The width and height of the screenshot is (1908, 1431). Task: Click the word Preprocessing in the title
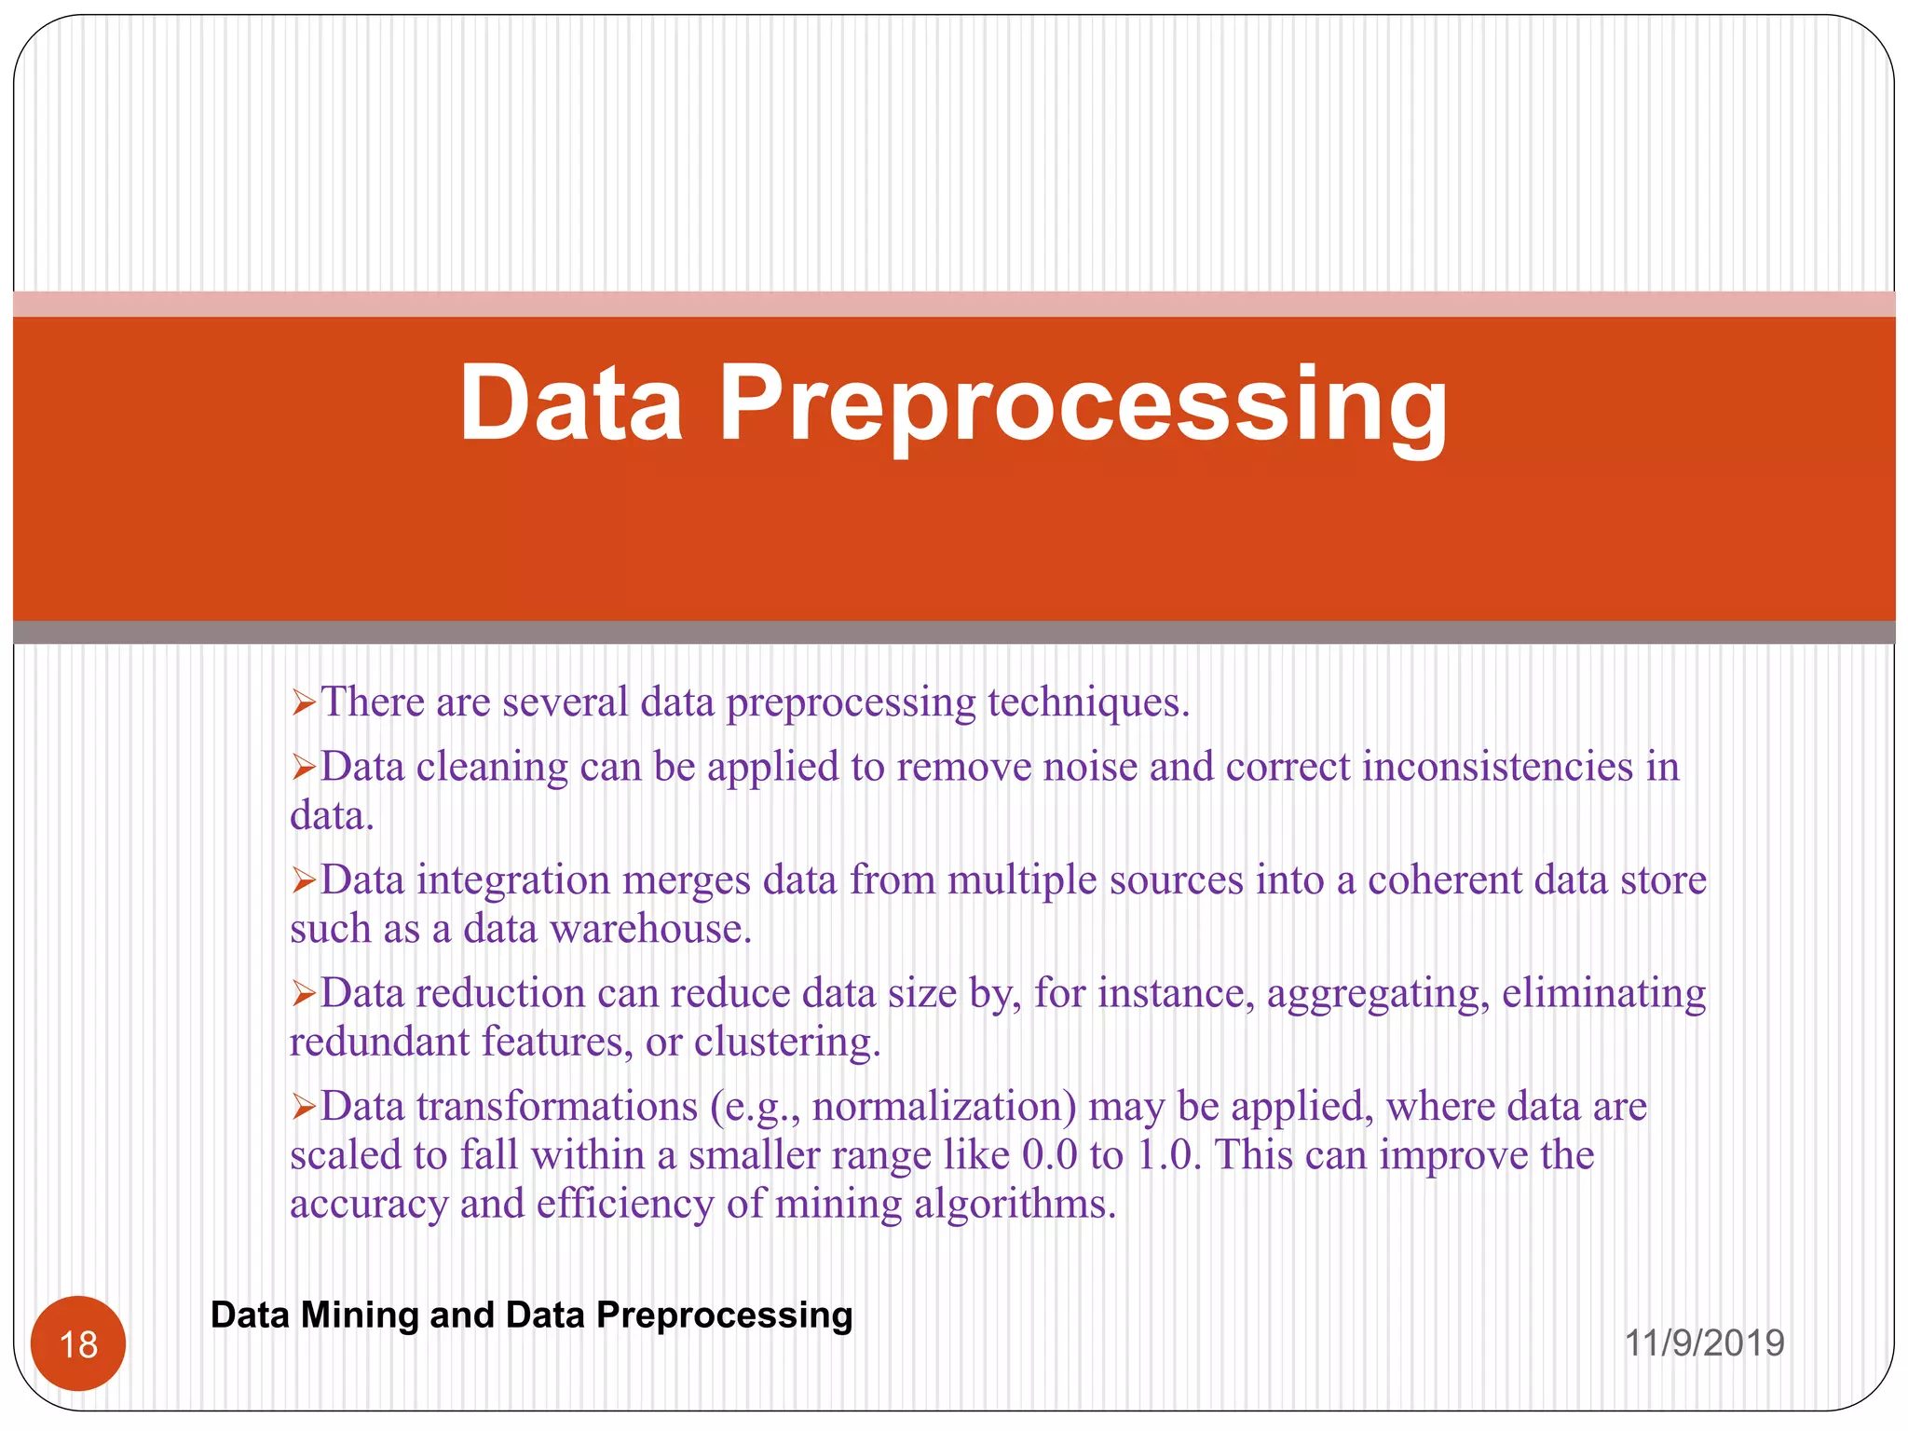[x=1083, y=405]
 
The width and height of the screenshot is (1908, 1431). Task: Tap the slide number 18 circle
[x=78, y=1343]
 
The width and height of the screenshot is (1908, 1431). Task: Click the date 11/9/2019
[x=1704, y=1342]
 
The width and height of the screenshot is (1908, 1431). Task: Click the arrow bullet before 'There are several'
[x=304, y=702]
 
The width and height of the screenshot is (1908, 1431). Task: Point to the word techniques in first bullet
[x=1087, y=702]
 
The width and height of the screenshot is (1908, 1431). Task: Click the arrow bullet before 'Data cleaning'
[x=304, y=768]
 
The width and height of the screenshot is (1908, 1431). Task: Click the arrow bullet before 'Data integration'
[x=304, y=880]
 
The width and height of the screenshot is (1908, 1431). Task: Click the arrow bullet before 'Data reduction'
[x=304, y=994]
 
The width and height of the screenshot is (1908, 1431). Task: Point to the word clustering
[x=786, y=1043]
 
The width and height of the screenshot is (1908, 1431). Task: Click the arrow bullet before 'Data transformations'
[x=304, y=1107]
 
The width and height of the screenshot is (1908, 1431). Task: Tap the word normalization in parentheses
[x=941, y=1107]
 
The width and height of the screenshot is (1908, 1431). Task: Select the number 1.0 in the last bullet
[x=1168, y=1155]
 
